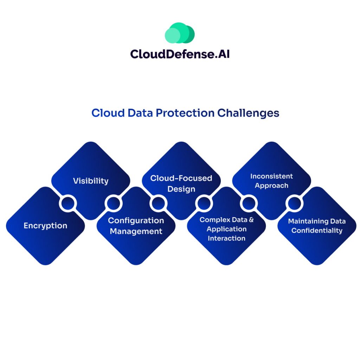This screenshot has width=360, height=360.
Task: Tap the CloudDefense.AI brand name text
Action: point(180,54)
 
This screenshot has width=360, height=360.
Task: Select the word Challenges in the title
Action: point(248,113)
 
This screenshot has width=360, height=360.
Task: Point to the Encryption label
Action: point(45,226)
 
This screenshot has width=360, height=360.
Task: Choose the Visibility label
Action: point(91,181)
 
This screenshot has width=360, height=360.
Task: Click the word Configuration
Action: point(136,220)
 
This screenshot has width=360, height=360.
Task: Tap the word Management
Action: point(136,231)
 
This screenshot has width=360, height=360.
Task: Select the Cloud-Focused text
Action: point(181,178)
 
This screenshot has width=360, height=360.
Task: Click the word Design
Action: point(181,189)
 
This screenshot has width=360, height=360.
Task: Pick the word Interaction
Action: point(226,238)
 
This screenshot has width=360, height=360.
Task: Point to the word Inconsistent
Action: point(271,176)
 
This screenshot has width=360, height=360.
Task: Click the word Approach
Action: point(271,186)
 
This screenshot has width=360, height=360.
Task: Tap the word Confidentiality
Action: point(317,231)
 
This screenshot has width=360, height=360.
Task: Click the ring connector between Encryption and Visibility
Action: point(68,203)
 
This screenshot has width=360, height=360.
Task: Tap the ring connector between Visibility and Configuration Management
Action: point(113,203)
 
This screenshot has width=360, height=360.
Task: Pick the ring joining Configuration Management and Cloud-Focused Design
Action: point(158,203)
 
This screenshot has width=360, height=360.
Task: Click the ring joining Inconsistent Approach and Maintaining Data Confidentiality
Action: point(294,203)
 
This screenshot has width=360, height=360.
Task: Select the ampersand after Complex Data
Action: point(251,220)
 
